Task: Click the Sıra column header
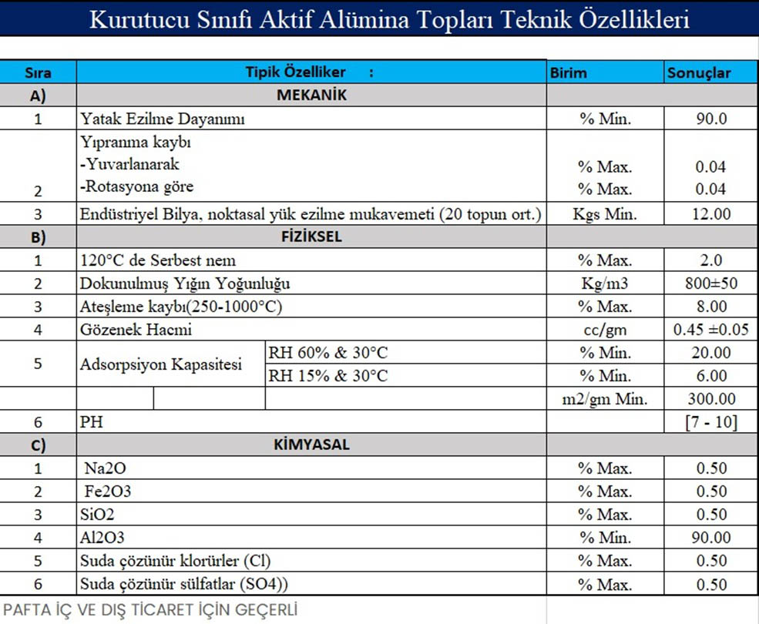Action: (38, 73)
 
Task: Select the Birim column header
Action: (569, 73)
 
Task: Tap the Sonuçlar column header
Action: (699, 73)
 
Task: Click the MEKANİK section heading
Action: (311, 96)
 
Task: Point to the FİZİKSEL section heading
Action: (311, 237)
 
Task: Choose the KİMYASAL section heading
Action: (311, 445)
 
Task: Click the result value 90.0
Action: (710, 119)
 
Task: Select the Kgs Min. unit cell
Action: (605, 214)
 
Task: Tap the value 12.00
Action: (710, 214)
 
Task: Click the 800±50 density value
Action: (710, 283)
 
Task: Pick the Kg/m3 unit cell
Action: (605, 283)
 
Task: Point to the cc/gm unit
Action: (605, 330)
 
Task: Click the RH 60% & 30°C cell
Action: (327, 353)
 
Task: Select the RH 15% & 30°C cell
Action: (327, 376)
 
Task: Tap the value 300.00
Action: (710, 399)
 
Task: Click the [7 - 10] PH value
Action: (710, 422)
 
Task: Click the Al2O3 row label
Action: (102, 538)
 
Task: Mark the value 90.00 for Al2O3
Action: (710, 538)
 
